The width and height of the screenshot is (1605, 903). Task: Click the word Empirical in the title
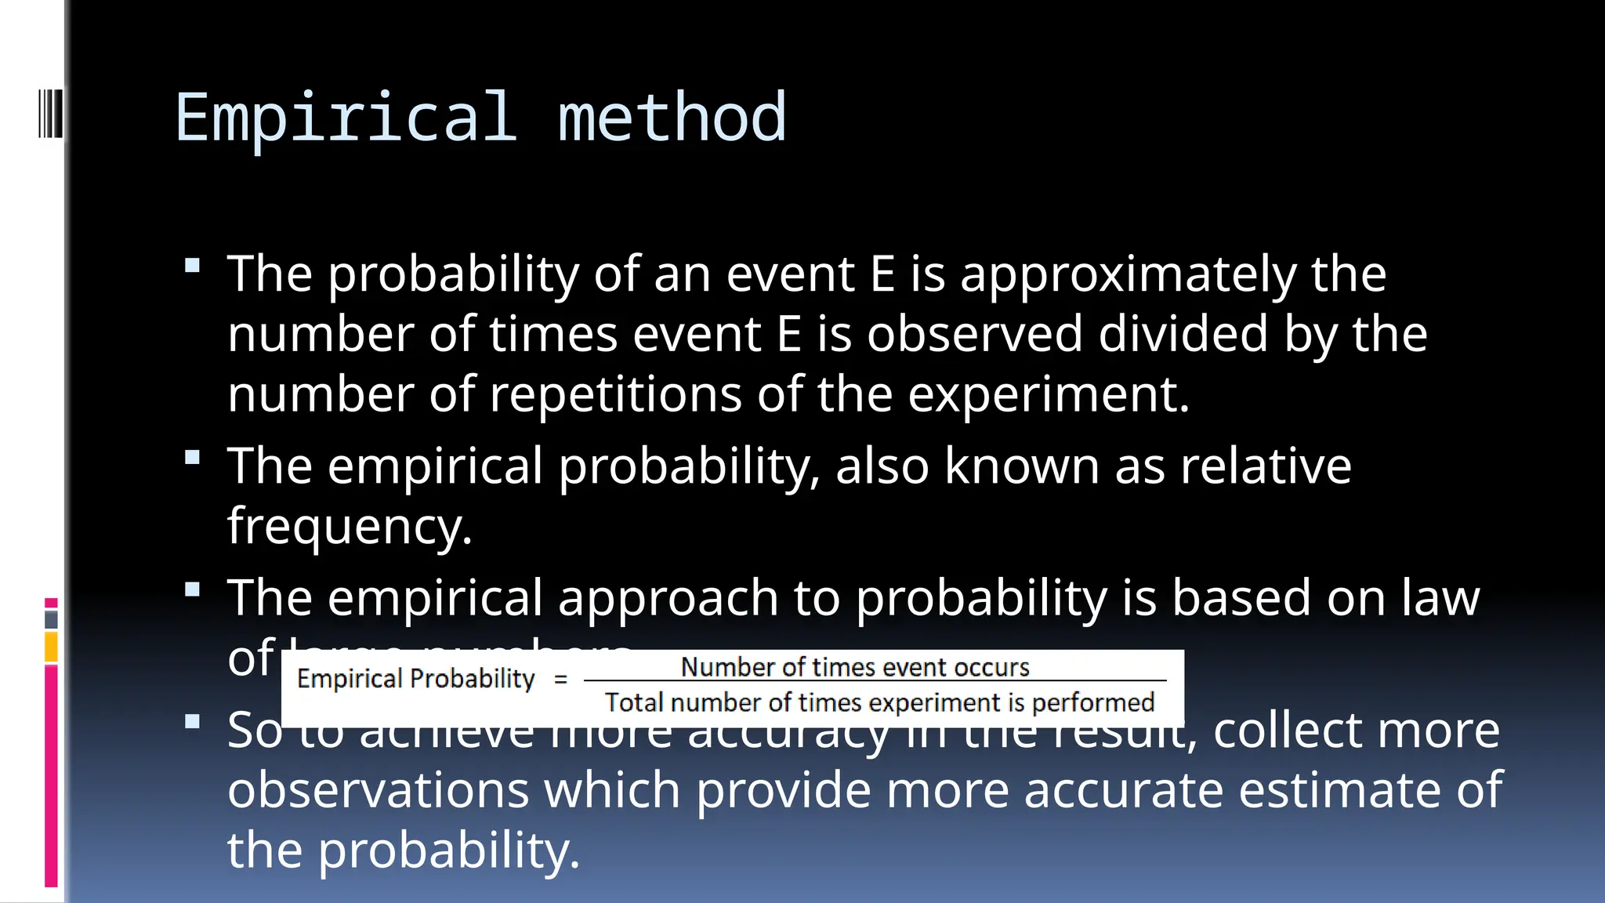click(x=346, y=118)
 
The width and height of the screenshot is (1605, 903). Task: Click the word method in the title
click(x=672, y=118)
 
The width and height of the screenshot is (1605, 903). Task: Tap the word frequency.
click(x=350, y=527)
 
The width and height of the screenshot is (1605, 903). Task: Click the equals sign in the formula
click(x=560, y=679)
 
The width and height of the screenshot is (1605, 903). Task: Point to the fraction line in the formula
click(x=875, y=681)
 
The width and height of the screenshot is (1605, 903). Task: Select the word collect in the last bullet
click(x=1288, y=730)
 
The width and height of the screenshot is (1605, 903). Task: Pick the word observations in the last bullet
click(x=378, y=789)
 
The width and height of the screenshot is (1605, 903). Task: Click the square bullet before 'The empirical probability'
click(x=193, y=457)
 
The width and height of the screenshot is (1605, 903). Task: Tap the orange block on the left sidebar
click(x=51, y=647)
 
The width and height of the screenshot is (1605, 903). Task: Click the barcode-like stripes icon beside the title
click(x=49, y=114)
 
